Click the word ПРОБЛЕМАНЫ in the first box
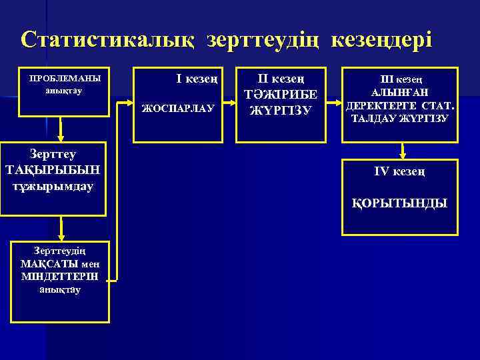61,78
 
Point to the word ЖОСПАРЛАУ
178,107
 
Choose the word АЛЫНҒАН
399,93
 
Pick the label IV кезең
400,172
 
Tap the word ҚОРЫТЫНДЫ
400,203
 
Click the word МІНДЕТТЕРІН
59,277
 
